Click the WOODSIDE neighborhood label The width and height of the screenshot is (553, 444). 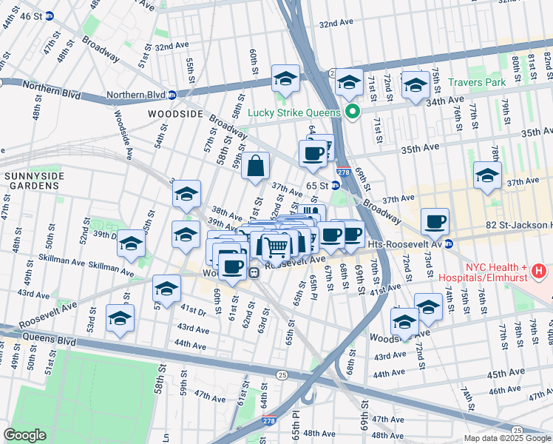[175, 113]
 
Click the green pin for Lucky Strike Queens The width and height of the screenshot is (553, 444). [353, 112]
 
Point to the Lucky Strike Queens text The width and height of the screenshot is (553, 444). [294, 112]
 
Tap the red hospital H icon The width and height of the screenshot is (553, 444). [539, 271]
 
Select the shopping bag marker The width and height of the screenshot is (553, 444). [255, 167]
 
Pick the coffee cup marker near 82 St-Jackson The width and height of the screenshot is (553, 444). [435, 221]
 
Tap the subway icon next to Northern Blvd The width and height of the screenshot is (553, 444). [172, 95]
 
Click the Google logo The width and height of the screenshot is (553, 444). [25, 434]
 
